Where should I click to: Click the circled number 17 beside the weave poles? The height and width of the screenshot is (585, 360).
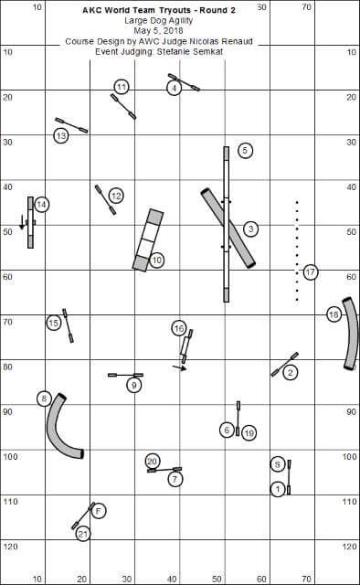point(311,272)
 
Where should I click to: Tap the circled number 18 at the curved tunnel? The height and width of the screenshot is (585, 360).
point(334,314)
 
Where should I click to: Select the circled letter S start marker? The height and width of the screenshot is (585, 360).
point(277,464)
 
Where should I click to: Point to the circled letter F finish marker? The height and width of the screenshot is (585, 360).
point(99,510)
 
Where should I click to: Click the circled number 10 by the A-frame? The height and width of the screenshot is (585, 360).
point(156,260)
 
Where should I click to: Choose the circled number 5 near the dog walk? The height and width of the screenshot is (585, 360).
point(245,150)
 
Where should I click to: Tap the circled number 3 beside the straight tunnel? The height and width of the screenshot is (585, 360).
point(250,229)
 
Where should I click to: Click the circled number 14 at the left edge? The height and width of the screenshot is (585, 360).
point(42,205)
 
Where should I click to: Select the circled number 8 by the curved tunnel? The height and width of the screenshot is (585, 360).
point(44,399)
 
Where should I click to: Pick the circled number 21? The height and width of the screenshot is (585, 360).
point(83,534)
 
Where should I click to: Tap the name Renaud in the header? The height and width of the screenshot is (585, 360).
point(240,41)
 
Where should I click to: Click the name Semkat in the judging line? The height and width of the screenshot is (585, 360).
point(208,51)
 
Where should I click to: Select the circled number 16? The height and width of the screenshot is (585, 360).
point(179,328)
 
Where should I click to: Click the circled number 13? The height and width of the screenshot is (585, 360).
point(61,136)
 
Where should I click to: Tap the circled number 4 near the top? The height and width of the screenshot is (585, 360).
point(174,89)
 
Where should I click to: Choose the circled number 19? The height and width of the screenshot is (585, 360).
point(249,433)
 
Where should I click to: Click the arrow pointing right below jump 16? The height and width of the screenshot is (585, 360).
point(179,368)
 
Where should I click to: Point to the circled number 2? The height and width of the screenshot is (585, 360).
point(291,372)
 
